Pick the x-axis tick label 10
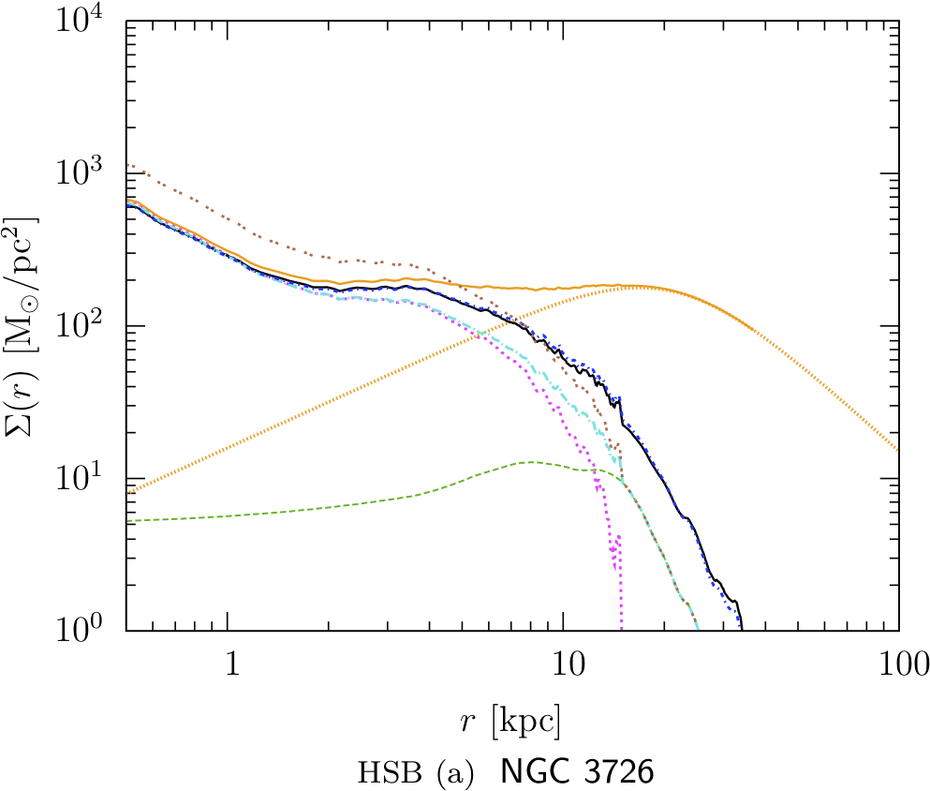tap(563, 664)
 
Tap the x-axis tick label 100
tap(898, 664)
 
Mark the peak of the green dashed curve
tap(531, 461)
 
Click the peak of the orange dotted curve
tap(633, 286)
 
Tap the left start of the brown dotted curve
tap(127, 165)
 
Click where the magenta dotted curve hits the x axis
tap(621, 628)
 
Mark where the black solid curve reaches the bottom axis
tap(742, 628)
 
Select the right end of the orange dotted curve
tap(898, 450)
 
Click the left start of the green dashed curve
tap(127, 520)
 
